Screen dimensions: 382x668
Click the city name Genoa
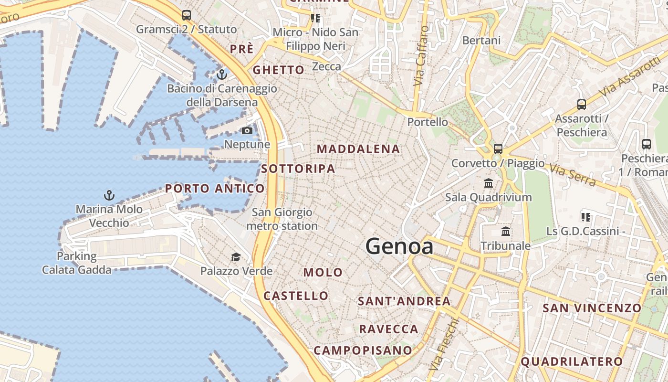(399, 246)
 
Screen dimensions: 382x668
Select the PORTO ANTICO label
(215, 189)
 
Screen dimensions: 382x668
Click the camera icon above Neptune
(247, 131)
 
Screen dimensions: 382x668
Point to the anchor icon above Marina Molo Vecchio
(109, 195)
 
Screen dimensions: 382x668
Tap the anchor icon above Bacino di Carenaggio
(221, 74)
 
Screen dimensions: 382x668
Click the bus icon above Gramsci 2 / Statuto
(187, 15)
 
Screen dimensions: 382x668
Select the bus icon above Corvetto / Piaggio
(498, 149)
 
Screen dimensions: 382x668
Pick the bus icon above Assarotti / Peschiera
(581, 105)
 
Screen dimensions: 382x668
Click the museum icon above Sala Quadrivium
(489, 183)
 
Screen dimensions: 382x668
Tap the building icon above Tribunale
(506, 232)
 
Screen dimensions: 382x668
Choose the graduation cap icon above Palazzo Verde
(236, 257)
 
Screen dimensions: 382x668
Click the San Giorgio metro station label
(282, 219)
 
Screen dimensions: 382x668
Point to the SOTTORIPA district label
(298, 169)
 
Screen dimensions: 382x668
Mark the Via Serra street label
(572, 175)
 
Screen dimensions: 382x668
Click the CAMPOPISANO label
(363, 350)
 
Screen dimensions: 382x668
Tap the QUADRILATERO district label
(572, 361)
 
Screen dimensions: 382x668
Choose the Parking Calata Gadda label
(77, 263)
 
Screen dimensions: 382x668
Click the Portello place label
(428, 122)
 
